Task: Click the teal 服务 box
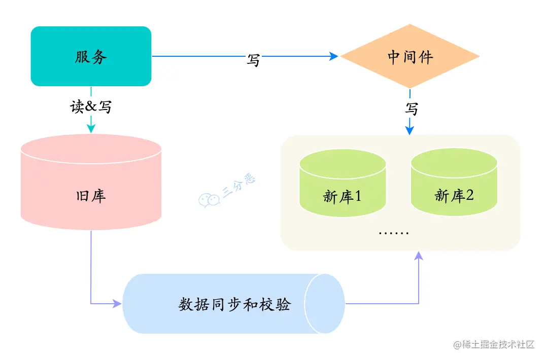click(x=91, y=56)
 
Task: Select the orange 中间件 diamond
click(x=410, y=56)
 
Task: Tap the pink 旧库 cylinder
click(x=91, y=195)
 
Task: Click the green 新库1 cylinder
click(x=343, y=195)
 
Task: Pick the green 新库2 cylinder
click(x=454, y=195)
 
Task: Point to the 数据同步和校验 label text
click(x=234, y=304)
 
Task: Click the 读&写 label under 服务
click(x=91, y=107)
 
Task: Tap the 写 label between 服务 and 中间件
click(x=253, y=60)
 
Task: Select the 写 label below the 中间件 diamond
click(x=412, y=109)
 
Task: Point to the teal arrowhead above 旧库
click(x=91, y=129)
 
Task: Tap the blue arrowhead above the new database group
click(x=410, y=130)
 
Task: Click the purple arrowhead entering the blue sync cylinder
click(x=118, y=304)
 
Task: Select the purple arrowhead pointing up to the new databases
click(x=419, y=256)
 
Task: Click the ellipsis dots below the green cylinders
click(x=394, y=233)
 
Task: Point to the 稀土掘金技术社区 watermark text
click(x=494, y=345)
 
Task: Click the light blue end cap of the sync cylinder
click(x=325, y=304)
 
